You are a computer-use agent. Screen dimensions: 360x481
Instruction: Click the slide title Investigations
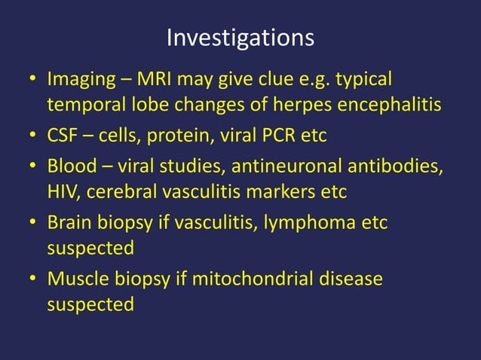click(240, 37)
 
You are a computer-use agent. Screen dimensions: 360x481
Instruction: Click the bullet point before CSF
click(33, 136)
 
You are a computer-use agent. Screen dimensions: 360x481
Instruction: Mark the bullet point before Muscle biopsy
click(33, 280)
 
